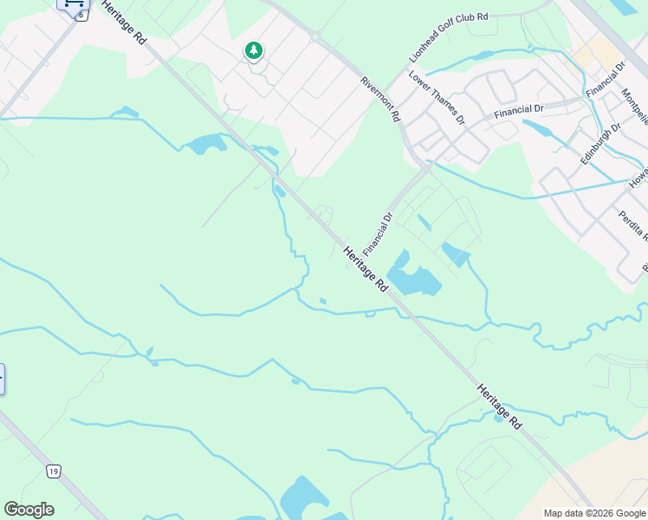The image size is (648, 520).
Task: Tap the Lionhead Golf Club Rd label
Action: tap(449, 36)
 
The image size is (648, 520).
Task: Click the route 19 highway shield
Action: tap(54, 471)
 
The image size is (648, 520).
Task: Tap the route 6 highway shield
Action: tap(81, 16)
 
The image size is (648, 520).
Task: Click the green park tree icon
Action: tap(253, 51)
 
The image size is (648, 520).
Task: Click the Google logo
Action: tap(29, 510)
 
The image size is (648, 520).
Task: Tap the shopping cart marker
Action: tap(74, 3)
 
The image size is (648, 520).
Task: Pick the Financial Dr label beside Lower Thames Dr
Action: tap(518, 110)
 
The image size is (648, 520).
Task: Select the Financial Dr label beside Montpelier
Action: tap(606, 79)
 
